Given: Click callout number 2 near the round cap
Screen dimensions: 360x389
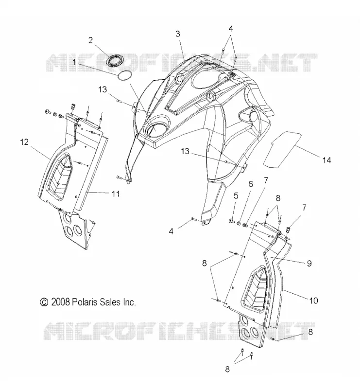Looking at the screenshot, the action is (x=90, y=40).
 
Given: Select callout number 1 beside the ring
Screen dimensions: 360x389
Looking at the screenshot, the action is (x=74, y=62).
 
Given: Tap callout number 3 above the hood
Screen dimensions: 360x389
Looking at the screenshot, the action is (x=178, y=34).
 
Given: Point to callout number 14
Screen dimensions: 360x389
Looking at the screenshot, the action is (x=326, y=160).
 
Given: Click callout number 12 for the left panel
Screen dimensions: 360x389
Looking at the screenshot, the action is (x=25, y=142).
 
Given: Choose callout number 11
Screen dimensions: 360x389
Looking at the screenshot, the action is (x=116, y=194).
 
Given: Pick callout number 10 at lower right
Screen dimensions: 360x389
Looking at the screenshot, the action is (x=313, y=301).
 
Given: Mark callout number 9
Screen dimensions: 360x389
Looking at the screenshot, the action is (x=309, y=263).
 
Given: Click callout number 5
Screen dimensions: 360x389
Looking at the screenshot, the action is (x=236, y=196).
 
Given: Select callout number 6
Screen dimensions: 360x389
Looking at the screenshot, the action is (x=251, y=184).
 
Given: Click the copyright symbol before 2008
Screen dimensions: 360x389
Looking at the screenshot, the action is (x=44, y=302).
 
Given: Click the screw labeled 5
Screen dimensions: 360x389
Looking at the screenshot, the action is (x=232, y=221).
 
